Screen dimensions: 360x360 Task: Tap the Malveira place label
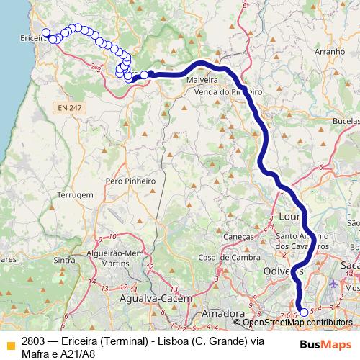click(202, 81)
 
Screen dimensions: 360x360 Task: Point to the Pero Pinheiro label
click(130, 181)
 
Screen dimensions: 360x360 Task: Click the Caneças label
click(239, 236)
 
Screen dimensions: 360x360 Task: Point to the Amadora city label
click(222, 314)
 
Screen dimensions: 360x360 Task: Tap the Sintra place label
click(65, 260)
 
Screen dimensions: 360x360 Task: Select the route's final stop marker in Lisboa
click(304, 312)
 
